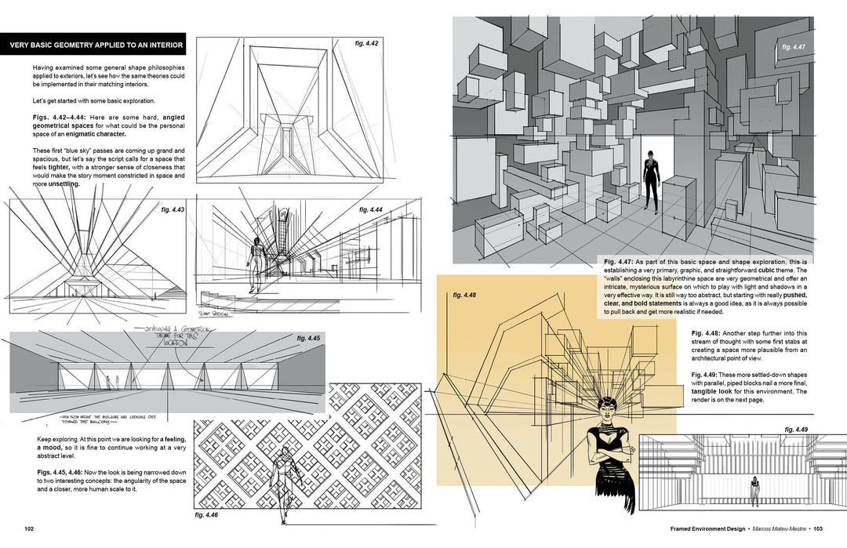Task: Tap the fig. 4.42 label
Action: click(365, 43)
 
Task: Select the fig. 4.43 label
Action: click(173, 210)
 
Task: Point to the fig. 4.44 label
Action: click(370, 210)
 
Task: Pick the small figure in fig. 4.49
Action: click(755, 490)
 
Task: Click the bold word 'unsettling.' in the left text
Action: click(56, 185)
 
